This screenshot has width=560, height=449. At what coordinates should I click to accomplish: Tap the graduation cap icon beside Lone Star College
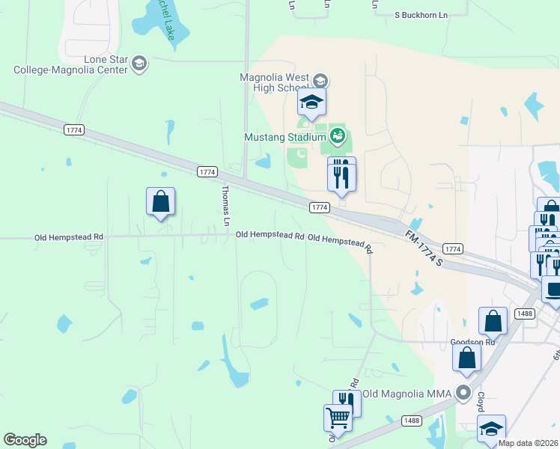[139, 64]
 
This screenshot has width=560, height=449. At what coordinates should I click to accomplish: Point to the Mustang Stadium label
[284, 137]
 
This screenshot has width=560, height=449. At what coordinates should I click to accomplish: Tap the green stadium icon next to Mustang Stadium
[337, 136]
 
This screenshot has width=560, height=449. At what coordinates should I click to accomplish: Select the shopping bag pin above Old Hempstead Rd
[160, 202]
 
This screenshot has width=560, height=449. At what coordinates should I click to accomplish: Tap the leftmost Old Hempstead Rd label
[69, 237]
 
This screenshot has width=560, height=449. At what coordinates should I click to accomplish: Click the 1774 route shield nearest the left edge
[74, 130]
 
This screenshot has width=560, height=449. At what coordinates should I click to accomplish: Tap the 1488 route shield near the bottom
[410, 421]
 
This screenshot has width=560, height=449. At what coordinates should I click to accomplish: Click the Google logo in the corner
[25, 439]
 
